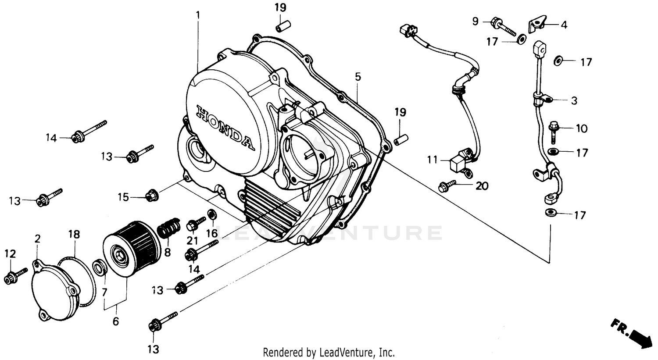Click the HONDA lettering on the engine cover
pyautogui.click(x=224, y=127)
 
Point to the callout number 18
pyautogui.click(x=74, y=235)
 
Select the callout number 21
pyautogui.click(x=193, y=240)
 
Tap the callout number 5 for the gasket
pyautogui.click(x=358, y=77)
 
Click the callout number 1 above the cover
pyautogui.click(x=198, y=15)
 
